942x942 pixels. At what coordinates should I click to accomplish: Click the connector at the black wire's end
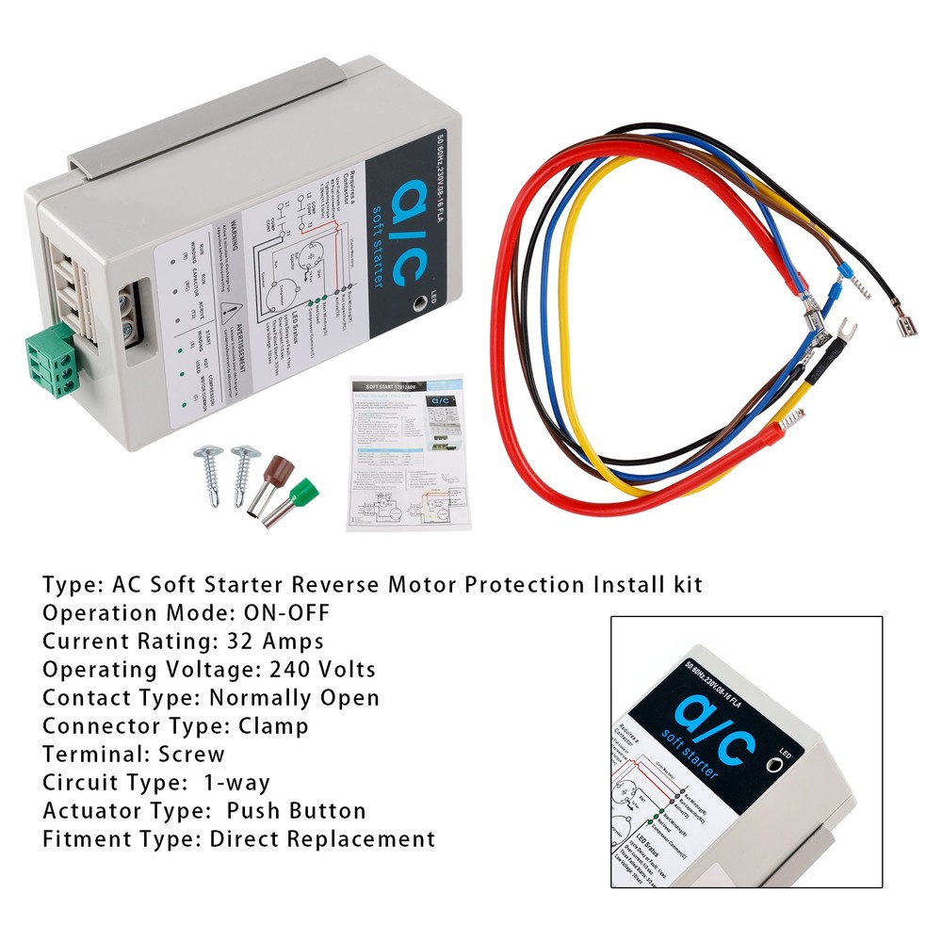905,324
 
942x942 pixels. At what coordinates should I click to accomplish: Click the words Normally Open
294,698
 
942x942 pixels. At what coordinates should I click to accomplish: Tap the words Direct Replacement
322,838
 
